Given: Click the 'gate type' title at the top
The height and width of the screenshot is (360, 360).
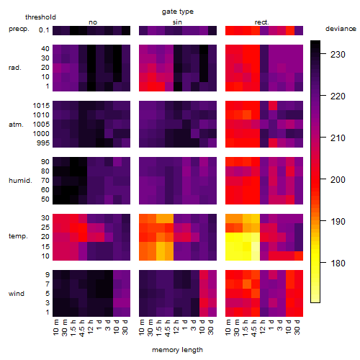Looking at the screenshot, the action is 178,12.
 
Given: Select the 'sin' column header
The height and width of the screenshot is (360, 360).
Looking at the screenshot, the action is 177,22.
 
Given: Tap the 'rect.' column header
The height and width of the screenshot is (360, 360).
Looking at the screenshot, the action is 262,22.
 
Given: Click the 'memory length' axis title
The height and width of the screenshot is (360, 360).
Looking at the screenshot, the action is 177,350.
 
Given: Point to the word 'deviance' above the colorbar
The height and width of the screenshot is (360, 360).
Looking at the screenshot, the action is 341,29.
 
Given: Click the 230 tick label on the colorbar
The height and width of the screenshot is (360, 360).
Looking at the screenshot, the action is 338,55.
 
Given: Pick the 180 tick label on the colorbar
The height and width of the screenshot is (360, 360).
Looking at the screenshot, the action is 338,264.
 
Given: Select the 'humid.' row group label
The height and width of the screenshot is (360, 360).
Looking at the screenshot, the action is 20,181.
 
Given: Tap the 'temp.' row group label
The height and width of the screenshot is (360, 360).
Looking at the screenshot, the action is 18,236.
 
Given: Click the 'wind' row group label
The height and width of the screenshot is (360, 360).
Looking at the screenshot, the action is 17,294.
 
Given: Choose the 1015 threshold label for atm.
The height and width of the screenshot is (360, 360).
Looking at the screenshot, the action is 41,106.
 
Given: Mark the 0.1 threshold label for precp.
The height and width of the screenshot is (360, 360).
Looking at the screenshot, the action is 44,30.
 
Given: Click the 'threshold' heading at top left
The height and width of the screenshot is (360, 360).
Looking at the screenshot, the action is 40,17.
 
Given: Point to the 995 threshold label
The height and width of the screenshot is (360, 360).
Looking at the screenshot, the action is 43,143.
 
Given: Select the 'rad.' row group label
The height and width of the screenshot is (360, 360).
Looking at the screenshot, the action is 15,68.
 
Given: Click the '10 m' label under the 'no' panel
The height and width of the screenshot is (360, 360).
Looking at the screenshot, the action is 56,328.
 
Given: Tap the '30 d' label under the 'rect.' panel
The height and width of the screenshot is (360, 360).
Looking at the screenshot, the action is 297,328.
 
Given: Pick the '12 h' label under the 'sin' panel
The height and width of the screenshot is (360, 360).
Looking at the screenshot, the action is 176,327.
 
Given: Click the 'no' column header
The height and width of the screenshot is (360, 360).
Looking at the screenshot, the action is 93,22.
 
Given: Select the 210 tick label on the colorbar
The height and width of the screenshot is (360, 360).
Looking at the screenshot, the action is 338,138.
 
